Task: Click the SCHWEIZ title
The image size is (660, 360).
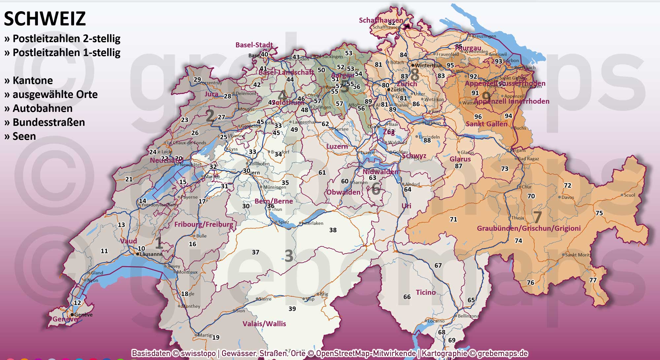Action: coord(45,18)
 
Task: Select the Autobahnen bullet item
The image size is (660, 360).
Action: coord(42,108)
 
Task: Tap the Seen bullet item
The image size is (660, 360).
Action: coord(24,136)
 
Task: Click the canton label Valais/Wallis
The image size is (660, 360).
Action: coord(264,324)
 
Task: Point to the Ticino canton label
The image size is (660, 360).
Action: coord(426,292)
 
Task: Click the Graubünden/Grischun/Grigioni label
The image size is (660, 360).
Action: coord(529,228)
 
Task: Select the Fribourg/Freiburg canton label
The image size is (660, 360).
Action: coord(204,224)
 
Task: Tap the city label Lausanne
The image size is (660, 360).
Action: coord(151,254)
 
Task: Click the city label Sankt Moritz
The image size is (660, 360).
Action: coord(578,255)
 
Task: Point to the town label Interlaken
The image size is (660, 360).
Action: coord(313,223)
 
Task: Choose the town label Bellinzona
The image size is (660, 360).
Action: coord(468,316)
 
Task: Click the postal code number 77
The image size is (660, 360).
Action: coord(593,280)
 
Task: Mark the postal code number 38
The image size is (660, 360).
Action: coord(333,230)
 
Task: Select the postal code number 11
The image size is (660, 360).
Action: coord(104,251)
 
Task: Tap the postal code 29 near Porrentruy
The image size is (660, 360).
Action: coord(197,80)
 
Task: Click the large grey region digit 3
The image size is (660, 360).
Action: coord(289,256)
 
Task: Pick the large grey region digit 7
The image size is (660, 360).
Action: coord(537,217)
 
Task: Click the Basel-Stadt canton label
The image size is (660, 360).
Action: coord(254,45)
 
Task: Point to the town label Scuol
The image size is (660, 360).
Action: coord(629,195)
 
